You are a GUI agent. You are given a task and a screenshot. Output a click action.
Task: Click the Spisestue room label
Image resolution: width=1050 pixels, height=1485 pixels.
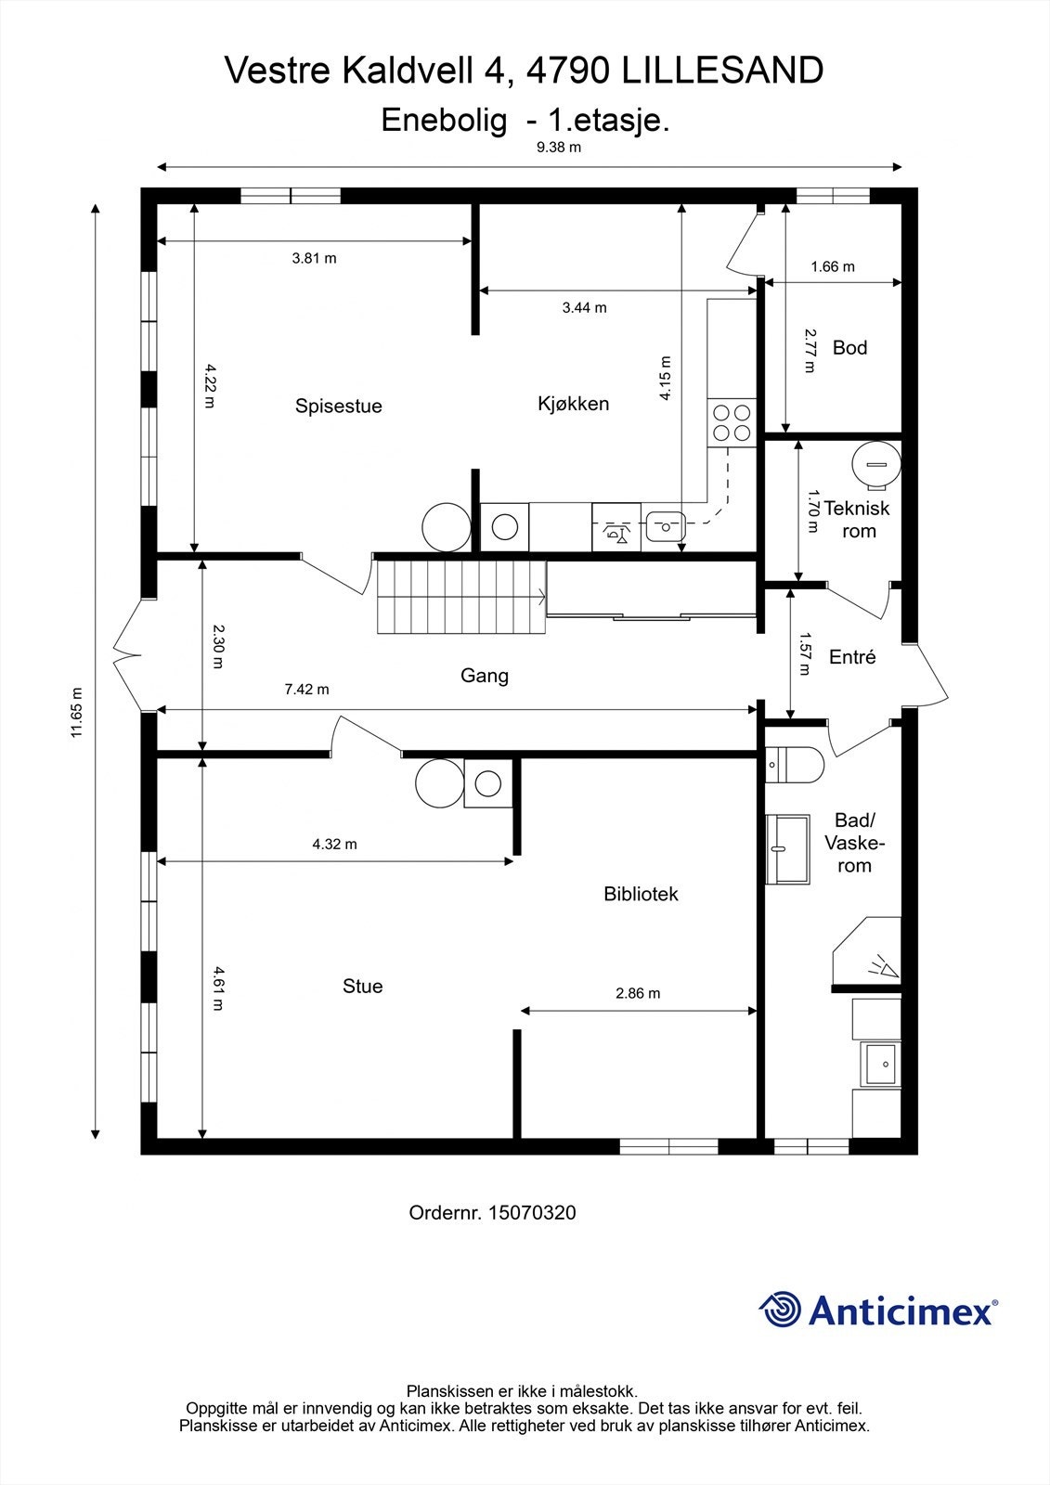point(338,406)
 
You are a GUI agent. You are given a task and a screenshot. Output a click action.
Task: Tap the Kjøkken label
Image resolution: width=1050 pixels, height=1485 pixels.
point(573,404)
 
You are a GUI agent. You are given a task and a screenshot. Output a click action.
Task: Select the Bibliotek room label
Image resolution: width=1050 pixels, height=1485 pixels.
point(641,894)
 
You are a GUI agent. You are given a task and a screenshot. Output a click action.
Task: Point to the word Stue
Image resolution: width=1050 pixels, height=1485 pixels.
point(362,986)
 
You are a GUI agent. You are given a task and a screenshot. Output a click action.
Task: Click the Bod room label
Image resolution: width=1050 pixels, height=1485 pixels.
point(849,347)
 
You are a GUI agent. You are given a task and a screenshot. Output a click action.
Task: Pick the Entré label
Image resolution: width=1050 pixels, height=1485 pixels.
point(852,657)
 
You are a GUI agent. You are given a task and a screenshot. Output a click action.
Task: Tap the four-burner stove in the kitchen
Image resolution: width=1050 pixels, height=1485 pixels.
point(732,423)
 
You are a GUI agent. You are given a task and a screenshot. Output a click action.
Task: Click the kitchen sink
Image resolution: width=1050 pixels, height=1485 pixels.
point(666,528)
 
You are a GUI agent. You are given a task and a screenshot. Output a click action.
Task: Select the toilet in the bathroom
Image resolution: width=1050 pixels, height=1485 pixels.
point(794,765)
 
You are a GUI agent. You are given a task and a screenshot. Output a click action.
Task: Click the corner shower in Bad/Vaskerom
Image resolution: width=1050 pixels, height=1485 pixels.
point(867,949)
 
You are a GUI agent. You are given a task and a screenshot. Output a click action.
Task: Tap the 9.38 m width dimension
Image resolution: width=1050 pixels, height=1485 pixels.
point(559,148)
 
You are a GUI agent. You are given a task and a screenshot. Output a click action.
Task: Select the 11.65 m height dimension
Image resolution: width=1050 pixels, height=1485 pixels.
point(77,712)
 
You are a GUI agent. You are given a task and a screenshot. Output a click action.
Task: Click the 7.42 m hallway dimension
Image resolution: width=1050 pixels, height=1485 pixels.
point(306,690)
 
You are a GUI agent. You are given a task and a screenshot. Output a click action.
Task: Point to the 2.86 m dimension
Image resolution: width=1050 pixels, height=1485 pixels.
point(638,993)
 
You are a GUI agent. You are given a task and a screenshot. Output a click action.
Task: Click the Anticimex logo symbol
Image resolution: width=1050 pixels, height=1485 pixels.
point(781,1310)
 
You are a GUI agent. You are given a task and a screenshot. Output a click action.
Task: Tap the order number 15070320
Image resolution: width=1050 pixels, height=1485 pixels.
point(532,1213)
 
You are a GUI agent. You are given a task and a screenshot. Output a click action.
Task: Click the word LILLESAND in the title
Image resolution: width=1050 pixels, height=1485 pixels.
point(723,71)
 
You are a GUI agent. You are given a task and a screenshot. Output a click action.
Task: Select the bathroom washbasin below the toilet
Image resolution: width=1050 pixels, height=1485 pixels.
point(788,849)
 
